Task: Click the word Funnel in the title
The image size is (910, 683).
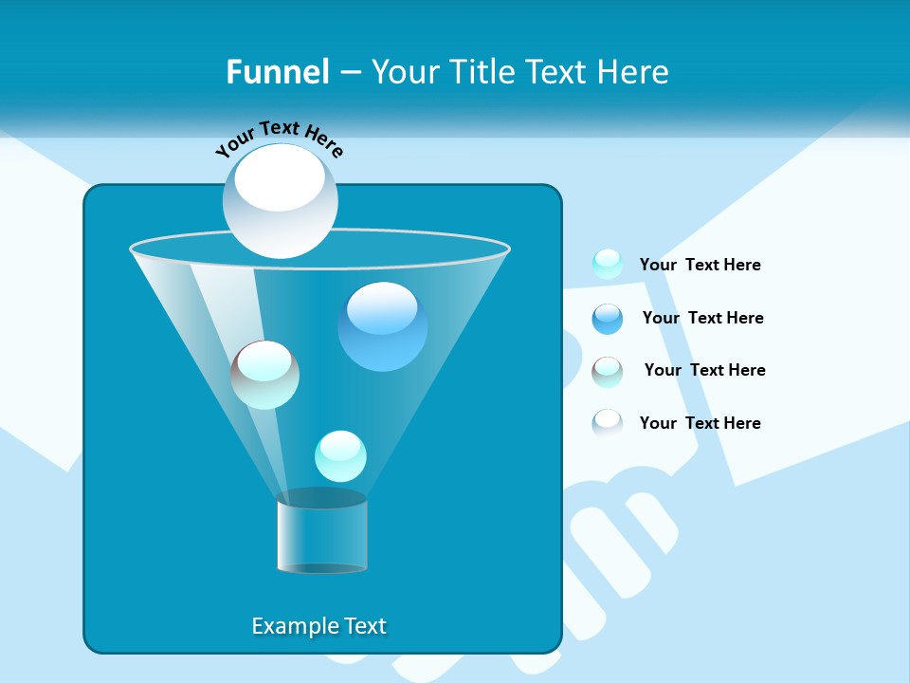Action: (277, 72)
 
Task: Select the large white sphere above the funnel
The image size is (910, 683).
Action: (280, 201)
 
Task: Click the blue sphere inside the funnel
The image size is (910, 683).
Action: (382, 326)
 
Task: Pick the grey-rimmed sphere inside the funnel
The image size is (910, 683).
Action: (264, 375)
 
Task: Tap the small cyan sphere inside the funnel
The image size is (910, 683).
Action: (340, 456)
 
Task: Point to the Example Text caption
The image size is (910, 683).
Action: (318, 626)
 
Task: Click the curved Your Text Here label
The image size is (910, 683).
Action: (279, 138)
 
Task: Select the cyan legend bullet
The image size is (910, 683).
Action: (607, 264)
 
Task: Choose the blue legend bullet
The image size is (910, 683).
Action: (607, 318)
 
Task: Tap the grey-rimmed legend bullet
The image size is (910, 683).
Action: (607, 371)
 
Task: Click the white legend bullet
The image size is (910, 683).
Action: (607, 422)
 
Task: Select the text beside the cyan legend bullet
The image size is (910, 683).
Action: (700, 265)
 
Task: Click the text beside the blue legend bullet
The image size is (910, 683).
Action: (702, 318)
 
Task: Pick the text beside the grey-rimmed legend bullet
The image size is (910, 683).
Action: (704, 370)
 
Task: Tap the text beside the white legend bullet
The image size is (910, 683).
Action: (700, 423)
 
